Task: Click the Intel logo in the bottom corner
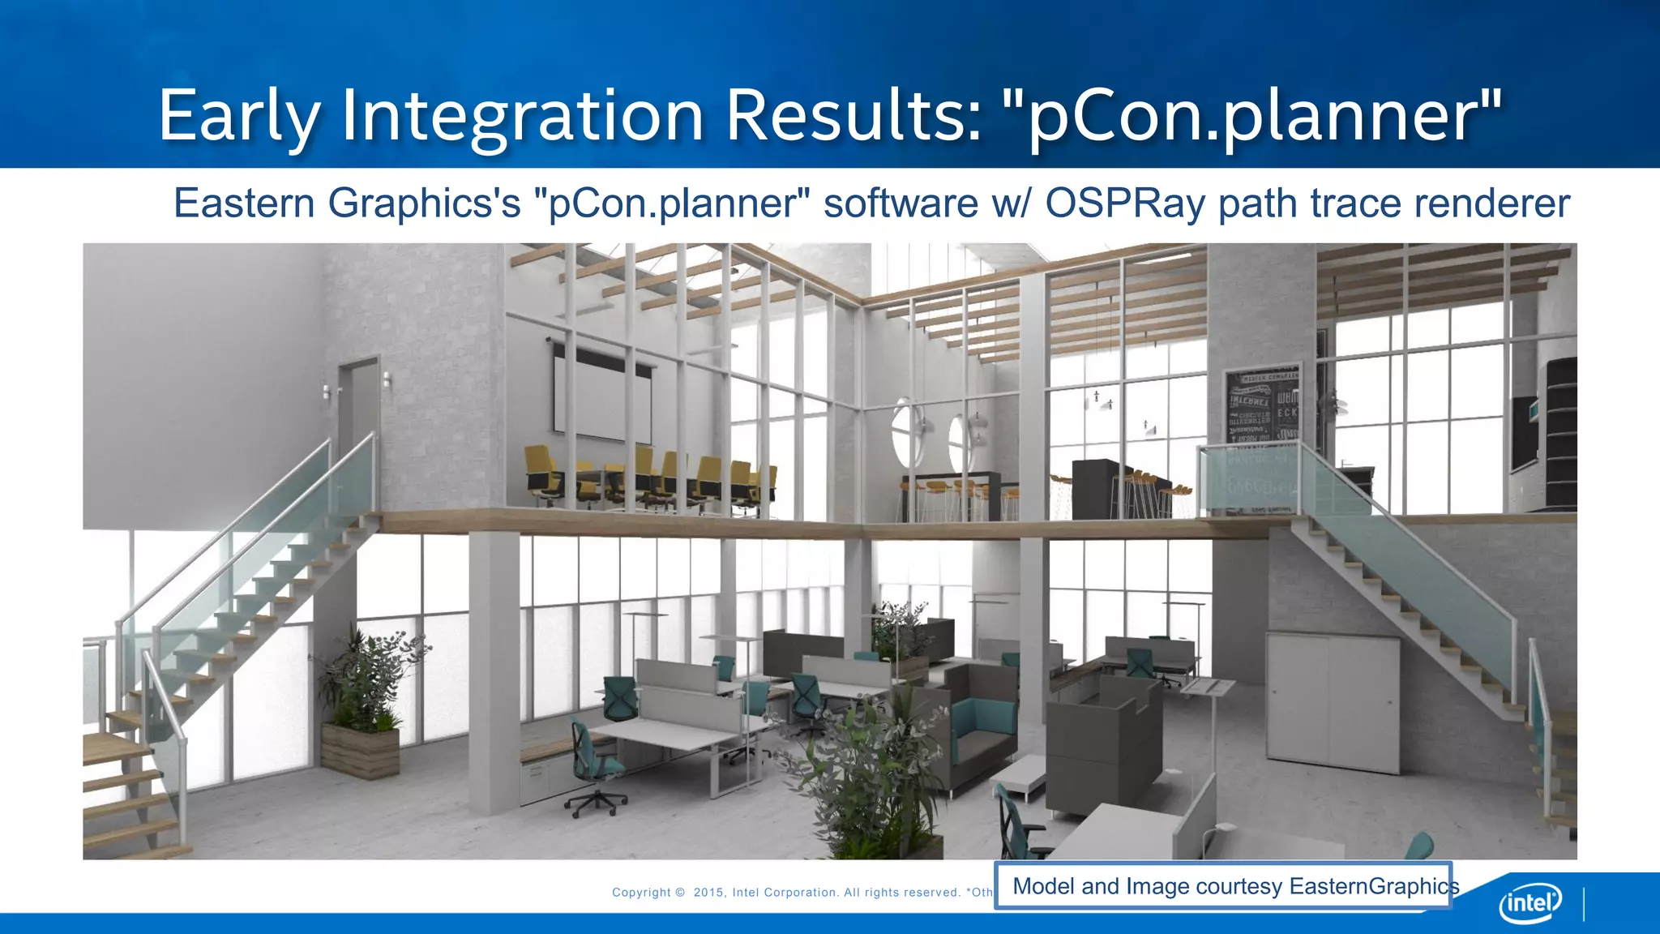[x=1530, y=902]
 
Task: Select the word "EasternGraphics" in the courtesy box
[x=1374, y=886]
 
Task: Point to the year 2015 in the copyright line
[x=709, y=893]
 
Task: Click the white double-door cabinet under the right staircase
[x=1333, y=702]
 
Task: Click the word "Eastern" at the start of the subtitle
[x=245, y=203]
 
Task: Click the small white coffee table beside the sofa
[x=1019, y=774]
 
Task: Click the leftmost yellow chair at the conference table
[x=541, y=474]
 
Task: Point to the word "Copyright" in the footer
[x=641, y=893]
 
